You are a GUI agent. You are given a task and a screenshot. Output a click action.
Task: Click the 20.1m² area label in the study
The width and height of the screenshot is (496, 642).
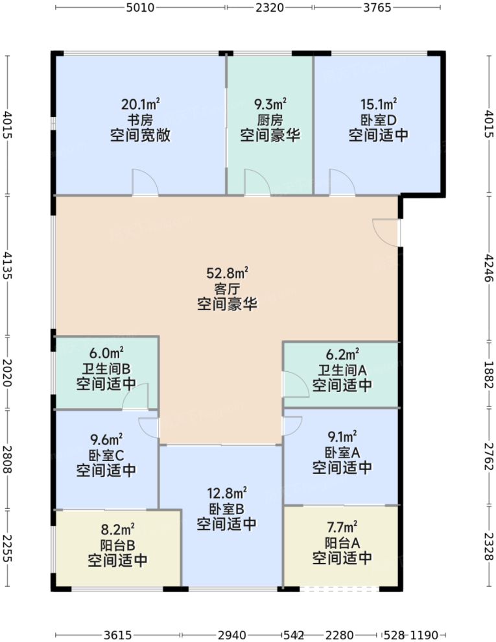(141, 104)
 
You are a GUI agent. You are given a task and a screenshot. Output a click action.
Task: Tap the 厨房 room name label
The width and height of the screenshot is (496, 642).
(270, 120)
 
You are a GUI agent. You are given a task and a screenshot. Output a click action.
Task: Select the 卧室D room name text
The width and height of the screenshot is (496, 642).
(379, 120)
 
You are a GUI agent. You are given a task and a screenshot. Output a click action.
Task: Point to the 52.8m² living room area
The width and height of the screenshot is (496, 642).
(227, 273)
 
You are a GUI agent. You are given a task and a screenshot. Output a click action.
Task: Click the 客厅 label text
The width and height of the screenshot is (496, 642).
(227, 289)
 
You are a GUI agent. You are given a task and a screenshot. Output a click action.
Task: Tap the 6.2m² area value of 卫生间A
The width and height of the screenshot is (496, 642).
(342, 354)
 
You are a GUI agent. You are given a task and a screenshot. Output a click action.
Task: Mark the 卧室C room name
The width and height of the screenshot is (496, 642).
(106, 454)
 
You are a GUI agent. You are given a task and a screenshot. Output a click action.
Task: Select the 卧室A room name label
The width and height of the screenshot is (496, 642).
(342, 452)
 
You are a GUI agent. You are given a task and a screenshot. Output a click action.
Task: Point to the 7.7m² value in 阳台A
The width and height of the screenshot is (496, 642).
(342, 528)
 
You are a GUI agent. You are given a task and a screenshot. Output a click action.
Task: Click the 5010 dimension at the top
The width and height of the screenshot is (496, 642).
(141, 8)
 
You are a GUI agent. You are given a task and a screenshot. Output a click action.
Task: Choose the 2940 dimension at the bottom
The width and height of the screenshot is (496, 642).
(231, 634)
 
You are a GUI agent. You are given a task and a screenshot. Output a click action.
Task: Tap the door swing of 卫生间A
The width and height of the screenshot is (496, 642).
(295, 384)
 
